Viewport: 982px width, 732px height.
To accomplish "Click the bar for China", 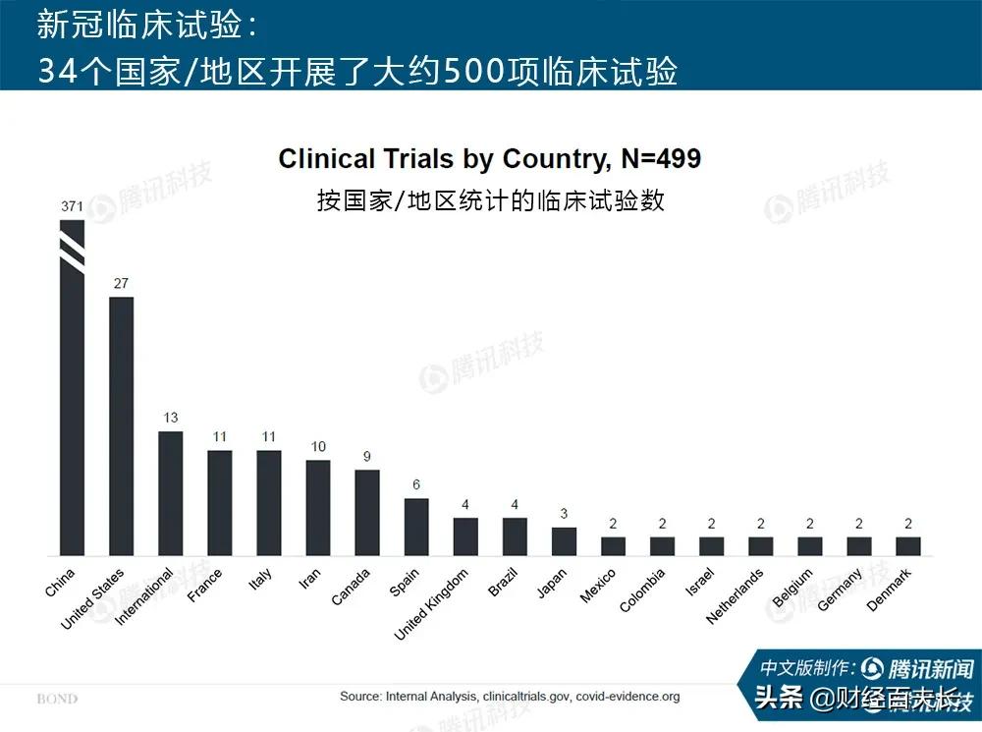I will [x=72, y=393].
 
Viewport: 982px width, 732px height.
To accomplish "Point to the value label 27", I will [x=121, y=284].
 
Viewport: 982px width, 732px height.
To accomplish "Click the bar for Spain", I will [x=416, y=527].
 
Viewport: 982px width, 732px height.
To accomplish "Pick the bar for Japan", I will [x=564, y=541].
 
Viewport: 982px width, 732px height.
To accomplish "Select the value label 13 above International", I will [x=170, y=418].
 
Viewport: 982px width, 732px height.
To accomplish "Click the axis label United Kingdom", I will [x=433, y=603].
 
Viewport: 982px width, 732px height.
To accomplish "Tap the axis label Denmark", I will [x=890, y=590].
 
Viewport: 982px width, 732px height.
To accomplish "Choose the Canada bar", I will [x=367, y=512].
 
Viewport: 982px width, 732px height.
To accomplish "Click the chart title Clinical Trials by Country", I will [x=490, y=159].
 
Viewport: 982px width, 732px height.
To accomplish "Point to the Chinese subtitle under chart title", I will [x=490, y=200].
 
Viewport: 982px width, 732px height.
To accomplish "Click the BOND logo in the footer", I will [x=57, y=700].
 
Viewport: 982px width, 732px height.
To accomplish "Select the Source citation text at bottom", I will [x=510, y=697].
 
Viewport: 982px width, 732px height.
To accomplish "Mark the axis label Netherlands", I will [x=736, y=595].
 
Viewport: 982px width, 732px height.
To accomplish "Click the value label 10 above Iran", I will [x=318, y=447].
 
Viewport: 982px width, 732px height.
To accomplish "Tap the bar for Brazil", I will [x=515, y=536].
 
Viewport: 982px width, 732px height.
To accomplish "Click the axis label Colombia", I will [x=643, y=590].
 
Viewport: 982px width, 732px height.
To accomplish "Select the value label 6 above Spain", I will [x=416, y=485].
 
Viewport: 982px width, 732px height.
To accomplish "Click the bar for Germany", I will [x=859, y=545].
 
